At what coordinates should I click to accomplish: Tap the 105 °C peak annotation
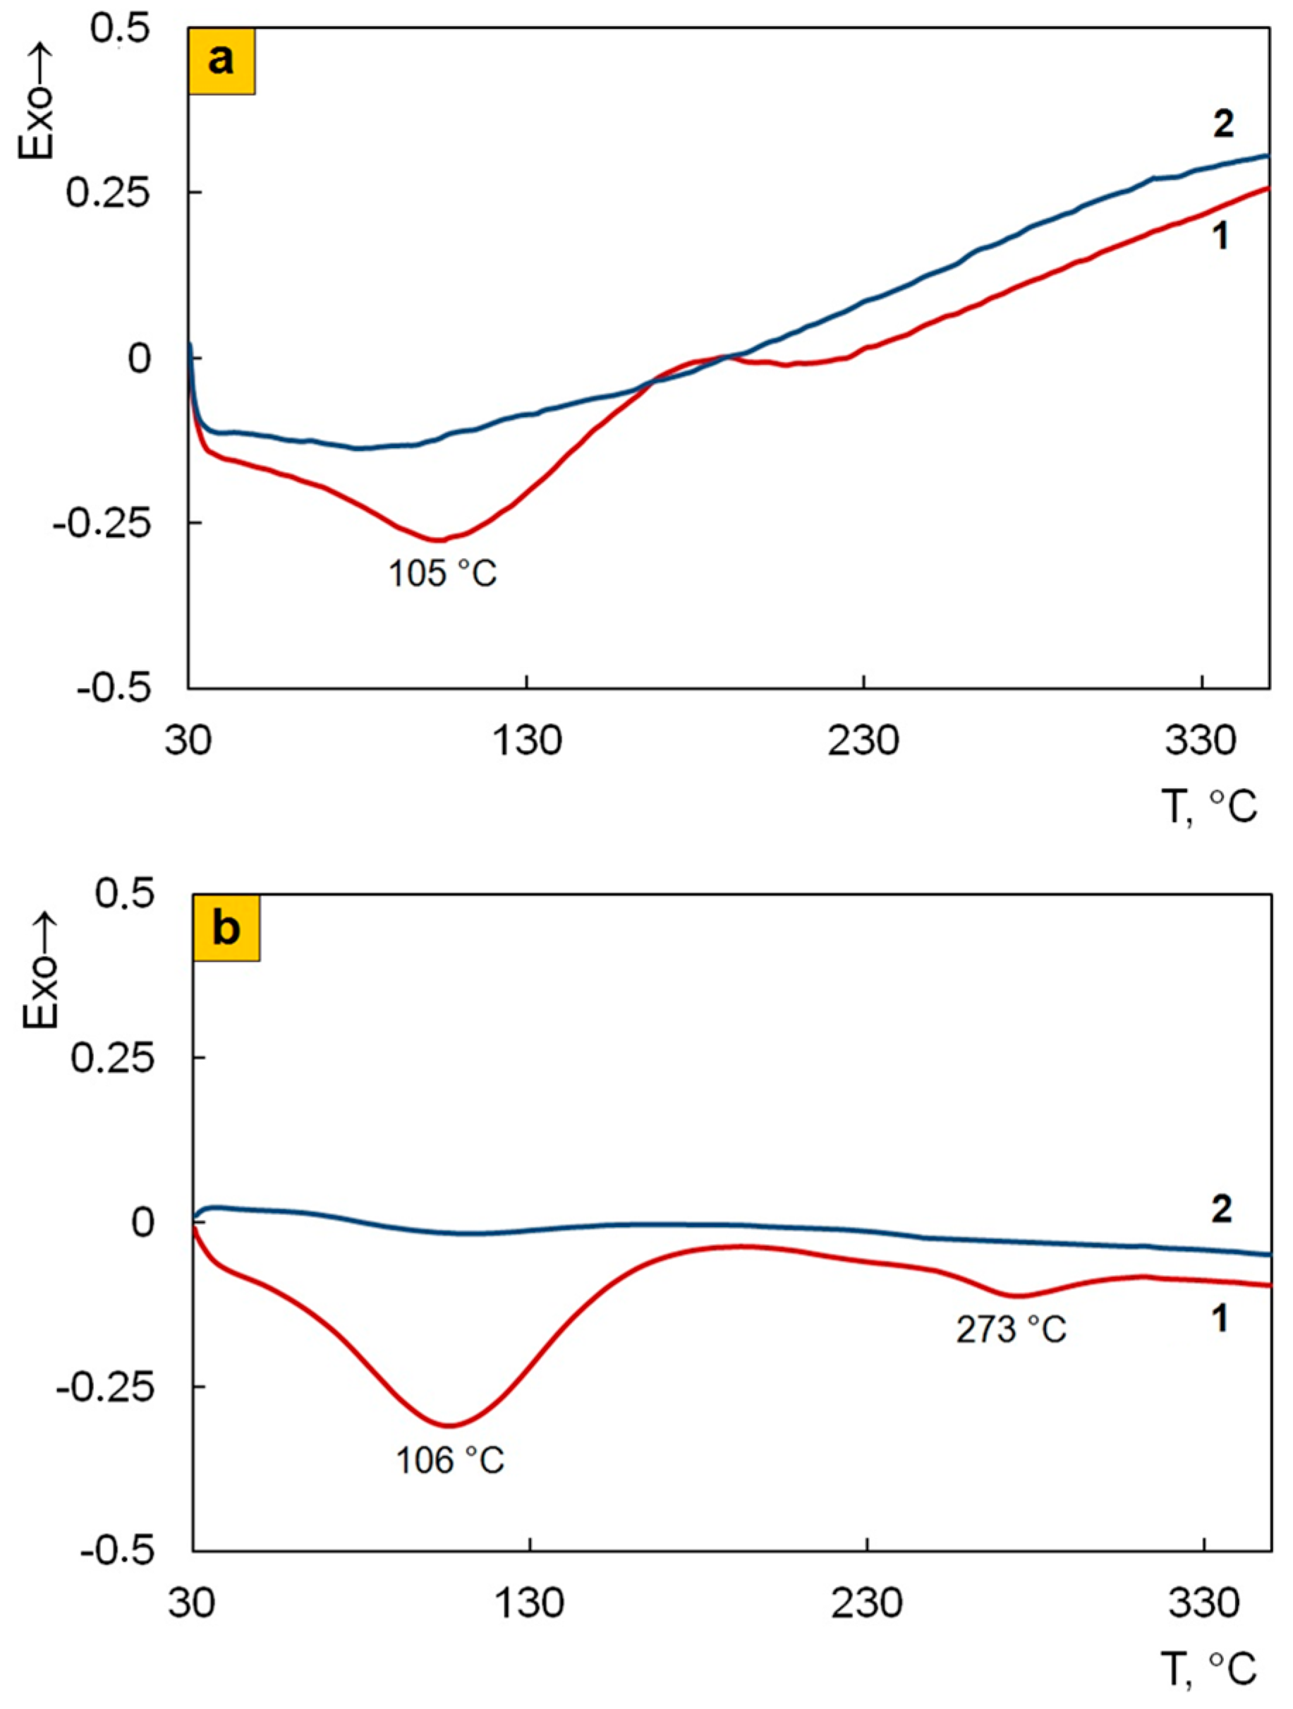[x=442, y=573]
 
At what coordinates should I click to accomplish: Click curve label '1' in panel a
[x=1220, y=236]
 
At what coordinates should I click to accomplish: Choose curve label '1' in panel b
[x=1220, y=1319]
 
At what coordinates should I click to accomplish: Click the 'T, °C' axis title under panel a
[x=1210, y=807]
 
